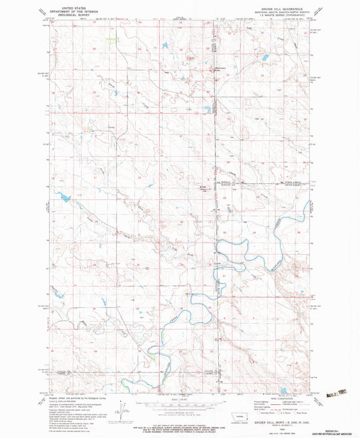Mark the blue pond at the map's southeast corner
pos(284,390)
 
